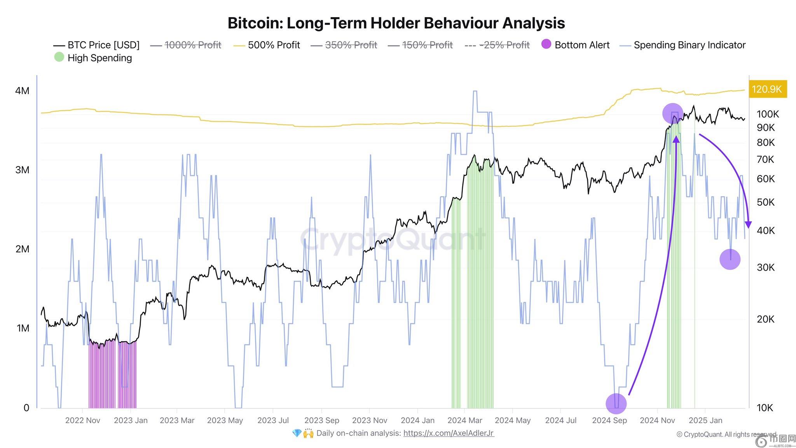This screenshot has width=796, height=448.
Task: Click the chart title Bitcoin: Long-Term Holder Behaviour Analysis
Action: click(396, 23)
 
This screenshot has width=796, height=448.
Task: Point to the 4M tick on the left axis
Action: click(22, 91)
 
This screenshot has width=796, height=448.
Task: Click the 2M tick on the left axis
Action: click(22, 249)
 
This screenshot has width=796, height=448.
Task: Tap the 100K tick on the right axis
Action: click(768, 114)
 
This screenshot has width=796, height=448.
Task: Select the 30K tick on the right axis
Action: click(766, 267)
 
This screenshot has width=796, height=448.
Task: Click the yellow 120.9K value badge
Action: click(767, 89)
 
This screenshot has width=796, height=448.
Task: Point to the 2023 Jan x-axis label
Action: click(131, 420)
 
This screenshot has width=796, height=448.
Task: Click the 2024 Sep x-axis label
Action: click(609, 420)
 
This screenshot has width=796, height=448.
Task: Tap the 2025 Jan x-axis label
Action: click(705, 420)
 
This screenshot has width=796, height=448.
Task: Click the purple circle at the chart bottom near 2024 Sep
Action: click(616, 404)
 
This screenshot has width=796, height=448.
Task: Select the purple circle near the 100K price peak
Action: click(672, 114)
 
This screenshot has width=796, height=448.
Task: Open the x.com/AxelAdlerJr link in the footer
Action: click(449, 433)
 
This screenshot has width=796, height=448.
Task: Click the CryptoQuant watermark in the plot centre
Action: click(393, 238)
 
